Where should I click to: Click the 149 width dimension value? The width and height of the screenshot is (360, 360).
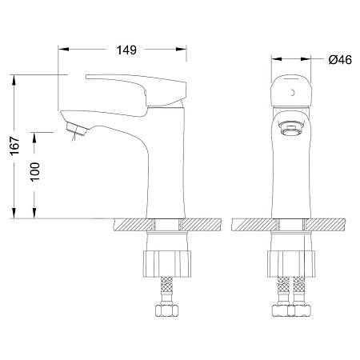click(126, 50)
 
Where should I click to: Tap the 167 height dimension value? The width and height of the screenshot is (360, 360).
click(14, 146)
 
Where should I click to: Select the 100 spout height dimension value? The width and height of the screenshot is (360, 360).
click(34, 172)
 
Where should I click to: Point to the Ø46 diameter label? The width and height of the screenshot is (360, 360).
click(340, 59)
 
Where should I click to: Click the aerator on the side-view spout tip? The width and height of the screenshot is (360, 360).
click(77, 129)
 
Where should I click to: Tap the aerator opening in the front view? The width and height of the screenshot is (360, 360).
click(291, 127)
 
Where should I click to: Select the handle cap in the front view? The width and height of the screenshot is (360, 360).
click(291, 90)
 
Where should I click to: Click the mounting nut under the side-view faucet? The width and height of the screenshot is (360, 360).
click(167, 263)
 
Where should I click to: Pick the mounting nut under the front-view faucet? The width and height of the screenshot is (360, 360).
click(291, 263)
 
